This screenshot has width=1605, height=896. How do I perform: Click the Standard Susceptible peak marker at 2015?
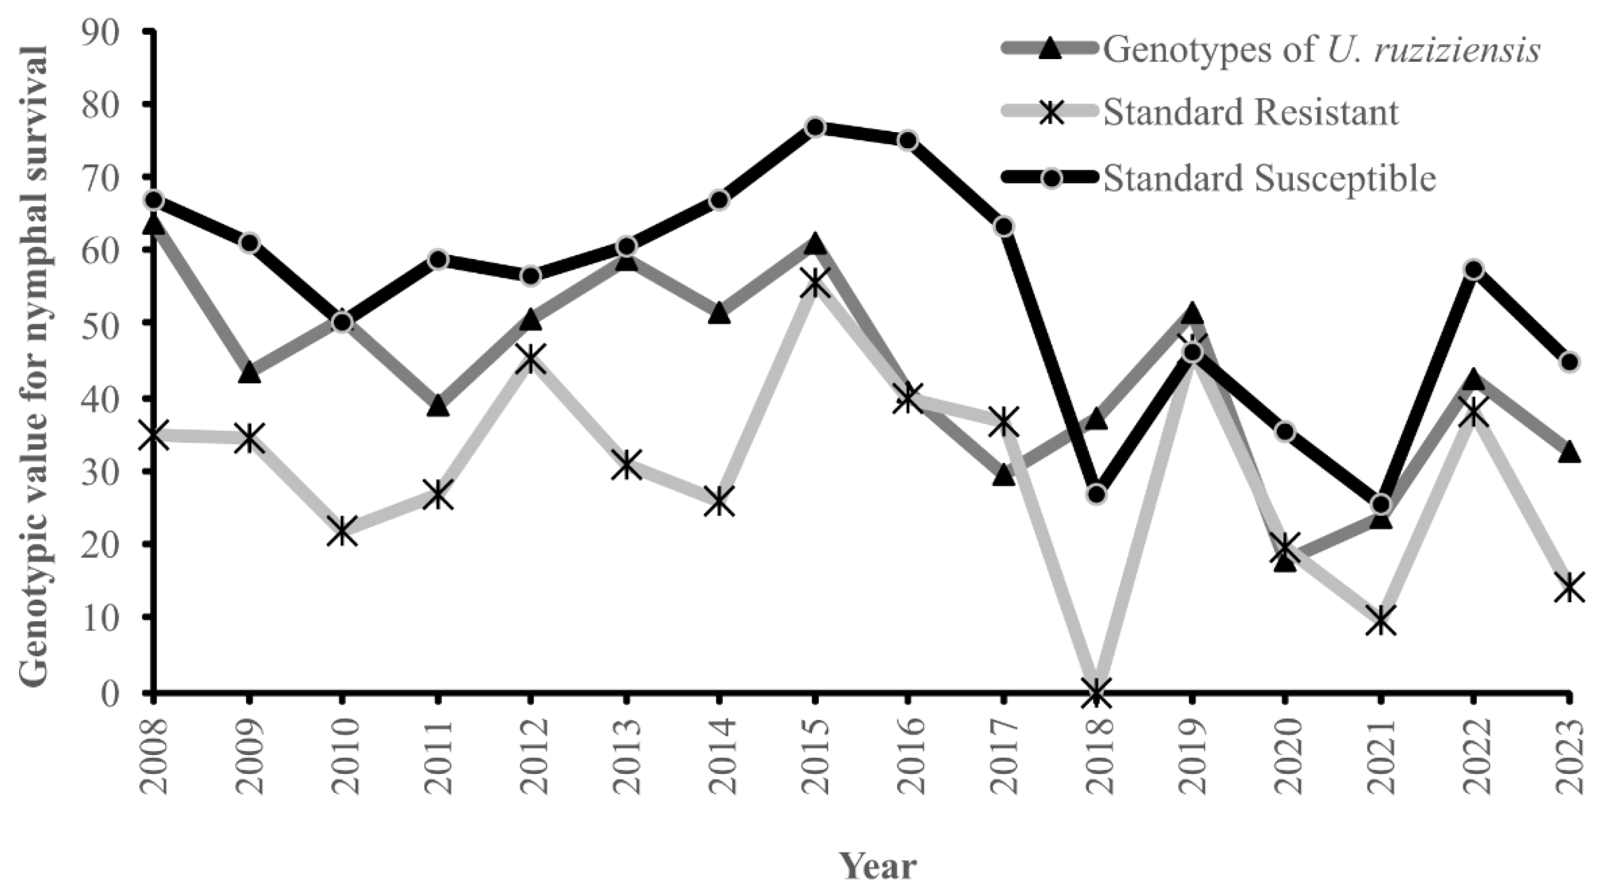click(814, 127)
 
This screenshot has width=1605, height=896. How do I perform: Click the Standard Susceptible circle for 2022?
click(1473, 270)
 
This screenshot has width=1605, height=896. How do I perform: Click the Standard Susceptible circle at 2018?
click(1097, 494)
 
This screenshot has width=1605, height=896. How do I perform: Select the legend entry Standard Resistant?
click(1251, 113)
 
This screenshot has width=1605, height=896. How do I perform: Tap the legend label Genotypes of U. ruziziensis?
click(1321, 49)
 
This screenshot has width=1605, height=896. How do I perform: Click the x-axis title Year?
click(878, 865)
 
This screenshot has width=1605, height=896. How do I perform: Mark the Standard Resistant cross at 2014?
click(719, 501)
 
